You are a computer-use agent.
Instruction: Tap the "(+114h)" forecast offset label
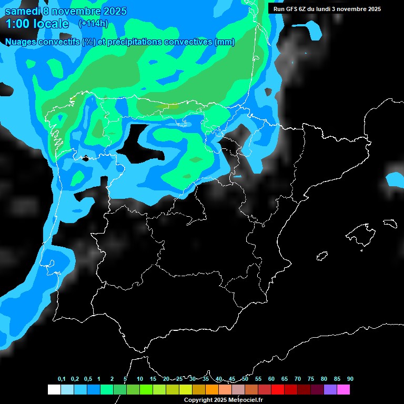93,23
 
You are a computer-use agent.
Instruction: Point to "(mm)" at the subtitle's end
225,42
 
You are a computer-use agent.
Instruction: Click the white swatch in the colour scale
54,389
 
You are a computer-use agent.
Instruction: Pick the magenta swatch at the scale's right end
344,389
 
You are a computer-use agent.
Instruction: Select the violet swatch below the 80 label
330,389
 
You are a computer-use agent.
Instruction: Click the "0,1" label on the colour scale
62,379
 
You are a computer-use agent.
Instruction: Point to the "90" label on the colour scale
350,379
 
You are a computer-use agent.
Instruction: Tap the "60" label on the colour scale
271,379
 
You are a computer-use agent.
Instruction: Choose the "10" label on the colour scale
140,379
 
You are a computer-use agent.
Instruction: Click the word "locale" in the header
51,24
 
